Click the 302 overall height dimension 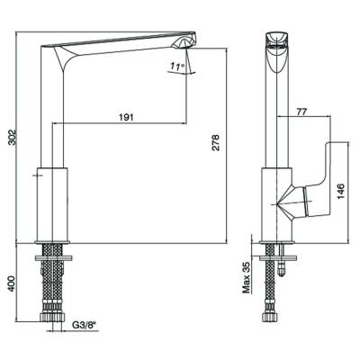11,138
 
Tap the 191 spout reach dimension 126,117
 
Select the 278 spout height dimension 215,142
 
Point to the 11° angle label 176,66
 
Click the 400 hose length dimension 11,283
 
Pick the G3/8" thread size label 85,324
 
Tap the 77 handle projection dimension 301,112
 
